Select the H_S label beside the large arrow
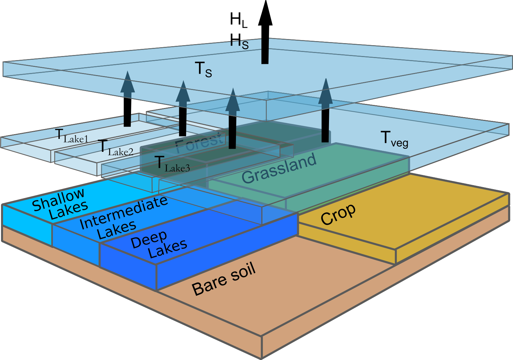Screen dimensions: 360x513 (239, 41)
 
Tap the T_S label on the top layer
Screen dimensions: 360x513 (203, 70)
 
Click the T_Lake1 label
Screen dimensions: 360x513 (72, 136)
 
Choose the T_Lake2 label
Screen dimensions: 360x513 (115, 148)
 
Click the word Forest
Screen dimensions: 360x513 (199, 142)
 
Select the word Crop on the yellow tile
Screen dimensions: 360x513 (338, 214)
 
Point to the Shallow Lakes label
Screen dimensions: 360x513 (59, 203)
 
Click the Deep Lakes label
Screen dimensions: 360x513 (159, 244)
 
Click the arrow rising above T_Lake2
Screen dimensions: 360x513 (183, 108)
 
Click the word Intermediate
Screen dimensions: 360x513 (124, 213)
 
